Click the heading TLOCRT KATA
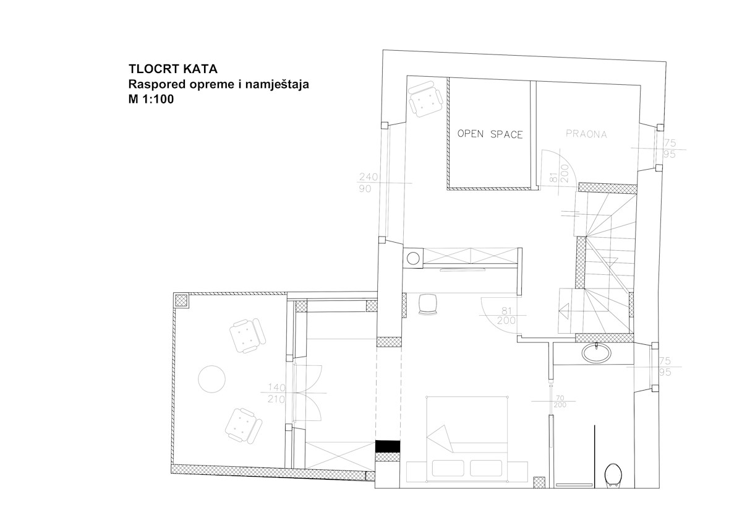pyautogui.click(x=173, y=69)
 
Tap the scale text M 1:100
pyautogui.click(x=151, y=99)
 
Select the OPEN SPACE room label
pyautogui.click(x=490, y=134)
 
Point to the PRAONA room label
pyautogui.click(x=586, y=134)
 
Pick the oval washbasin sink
pyautogui.click(x=596, y=354)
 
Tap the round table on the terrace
pyautogui.click(x=211, y=379)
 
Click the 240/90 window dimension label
pyautogui.click(x=368, y=183)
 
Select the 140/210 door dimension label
pyautogui.click(x=276, y=393)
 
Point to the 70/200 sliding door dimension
pyautogui.click(x=560, y=401)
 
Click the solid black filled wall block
pyautogui.click(x=388, y=446)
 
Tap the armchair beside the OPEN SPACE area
pyautogui.click(x=425, y=99)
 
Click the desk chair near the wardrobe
pyautogui.click(x=428, y=304)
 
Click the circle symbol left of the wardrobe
pyautogui.click(x=413, y=258)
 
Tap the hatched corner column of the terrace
pyautogui.click(x=182, y=301)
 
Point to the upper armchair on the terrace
pyautogui.click(x=247, y=336)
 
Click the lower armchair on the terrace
pyautogui.click(x=244, y=425)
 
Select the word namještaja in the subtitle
pyautogui.click(x=277, y=85)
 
